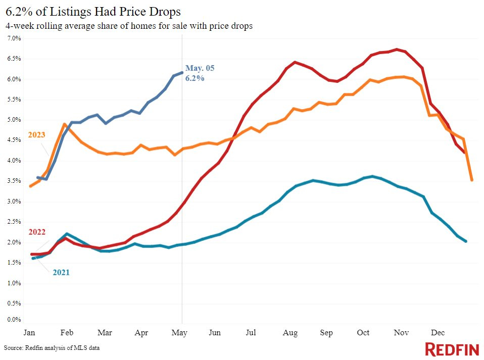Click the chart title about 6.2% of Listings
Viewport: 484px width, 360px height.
93,11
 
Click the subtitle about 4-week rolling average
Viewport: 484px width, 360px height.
129,26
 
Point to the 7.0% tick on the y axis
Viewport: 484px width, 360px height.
14,38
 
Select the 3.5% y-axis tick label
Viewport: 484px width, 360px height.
14,181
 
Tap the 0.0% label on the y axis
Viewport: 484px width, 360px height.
14,320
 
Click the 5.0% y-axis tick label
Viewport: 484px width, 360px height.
14,120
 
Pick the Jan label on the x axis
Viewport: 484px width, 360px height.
29,333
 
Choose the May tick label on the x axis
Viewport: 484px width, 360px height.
180,333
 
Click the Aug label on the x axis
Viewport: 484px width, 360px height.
291,333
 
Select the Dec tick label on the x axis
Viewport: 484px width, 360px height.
438,333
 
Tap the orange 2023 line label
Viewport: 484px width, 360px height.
36,135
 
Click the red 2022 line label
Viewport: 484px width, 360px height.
36,232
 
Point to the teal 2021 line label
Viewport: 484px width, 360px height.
61,273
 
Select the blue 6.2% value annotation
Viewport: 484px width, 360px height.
195,78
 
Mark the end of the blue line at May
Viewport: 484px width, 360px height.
182,73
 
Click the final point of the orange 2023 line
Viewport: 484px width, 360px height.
472,180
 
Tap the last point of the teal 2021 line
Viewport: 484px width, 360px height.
465,241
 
